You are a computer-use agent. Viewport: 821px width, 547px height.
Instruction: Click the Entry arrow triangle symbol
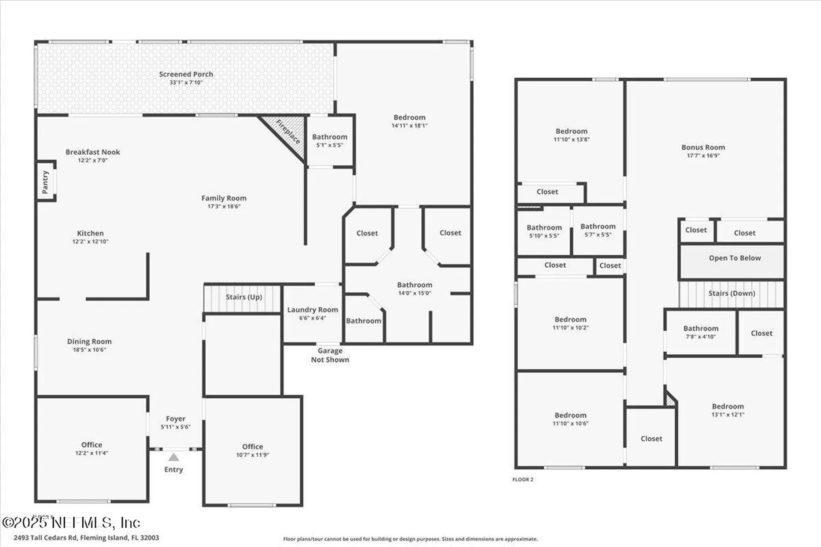pos(173,458)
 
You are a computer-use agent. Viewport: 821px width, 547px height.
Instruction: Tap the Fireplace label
pos(288,132)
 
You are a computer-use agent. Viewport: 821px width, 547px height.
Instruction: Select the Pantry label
pos(45,182)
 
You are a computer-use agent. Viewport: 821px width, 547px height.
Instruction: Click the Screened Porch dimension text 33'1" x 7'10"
pos(186,82)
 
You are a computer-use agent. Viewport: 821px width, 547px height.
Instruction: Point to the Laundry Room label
pos(313,310)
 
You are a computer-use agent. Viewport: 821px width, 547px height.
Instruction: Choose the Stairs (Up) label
pos(244,297)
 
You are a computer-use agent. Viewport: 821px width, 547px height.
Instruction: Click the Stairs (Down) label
pos(732,294)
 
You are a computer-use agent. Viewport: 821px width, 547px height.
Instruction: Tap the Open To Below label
pos(735,258)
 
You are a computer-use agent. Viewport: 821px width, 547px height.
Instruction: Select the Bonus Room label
pos(703,147)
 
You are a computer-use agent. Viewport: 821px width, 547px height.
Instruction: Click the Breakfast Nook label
pos(93,152)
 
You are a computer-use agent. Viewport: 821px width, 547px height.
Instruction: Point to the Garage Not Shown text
pos(330,355)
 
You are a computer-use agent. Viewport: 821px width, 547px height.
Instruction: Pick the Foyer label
pos(175,419)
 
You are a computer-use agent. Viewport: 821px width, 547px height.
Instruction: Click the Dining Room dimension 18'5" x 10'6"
pos(89,350)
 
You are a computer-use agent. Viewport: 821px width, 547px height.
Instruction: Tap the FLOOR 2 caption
pos(523,479)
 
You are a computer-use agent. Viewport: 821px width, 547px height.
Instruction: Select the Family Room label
pos(224,198)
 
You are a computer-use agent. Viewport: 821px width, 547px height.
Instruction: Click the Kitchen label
pos(90,233)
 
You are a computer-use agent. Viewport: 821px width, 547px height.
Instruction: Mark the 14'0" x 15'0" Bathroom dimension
pos(414,293)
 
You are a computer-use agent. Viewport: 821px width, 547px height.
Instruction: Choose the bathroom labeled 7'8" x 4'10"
pos(700,329)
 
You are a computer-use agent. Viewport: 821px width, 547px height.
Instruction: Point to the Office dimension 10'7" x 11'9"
pos(252,455)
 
